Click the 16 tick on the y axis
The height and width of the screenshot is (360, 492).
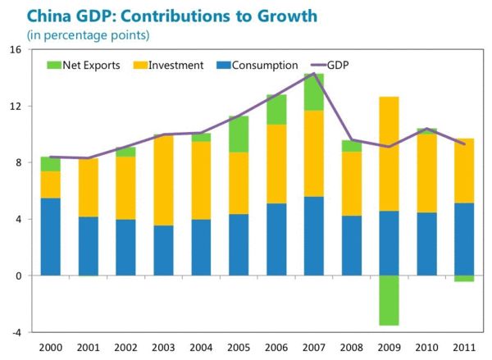pyautogui.click(x=16, y=50)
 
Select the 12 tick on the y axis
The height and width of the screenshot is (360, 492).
pyautogui.click(x=16, y=107)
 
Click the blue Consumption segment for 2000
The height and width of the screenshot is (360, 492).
pyautogui.click(x=51, y=237)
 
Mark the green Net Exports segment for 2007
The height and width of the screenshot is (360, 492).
pyautogui.click(x=313, y=92)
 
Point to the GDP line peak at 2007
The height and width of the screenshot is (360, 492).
pyautogui.click(x=313, y=74)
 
